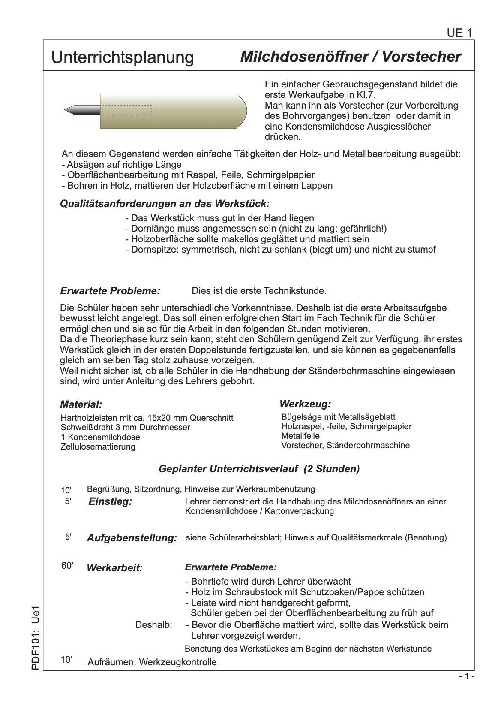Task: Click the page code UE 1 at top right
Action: [459, 33]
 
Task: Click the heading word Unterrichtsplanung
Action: [123, 57]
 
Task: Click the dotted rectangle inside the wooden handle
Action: [127, 110]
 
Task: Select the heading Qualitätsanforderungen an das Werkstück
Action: [165, 203]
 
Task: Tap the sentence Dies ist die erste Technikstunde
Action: [259, 291]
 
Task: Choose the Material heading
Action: [81, 404]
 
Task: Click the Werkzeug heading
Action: [305, 404]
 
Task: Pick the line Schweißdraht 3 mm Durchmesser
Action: [126, 428]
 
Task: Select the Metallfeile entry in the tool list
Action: [300, 436]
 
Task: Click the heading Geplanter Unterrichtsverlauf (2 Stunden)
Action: [259, 469]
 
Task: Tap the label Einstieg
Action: [110, 502]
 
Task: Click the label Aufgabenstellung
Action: [132, 538]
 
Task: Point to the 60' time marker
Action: [67, 566]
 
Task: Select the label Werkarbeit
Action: [114, 568]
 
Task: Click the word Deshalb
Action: [153, 625]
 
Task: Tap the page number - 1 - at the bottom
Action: [467, 676]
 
